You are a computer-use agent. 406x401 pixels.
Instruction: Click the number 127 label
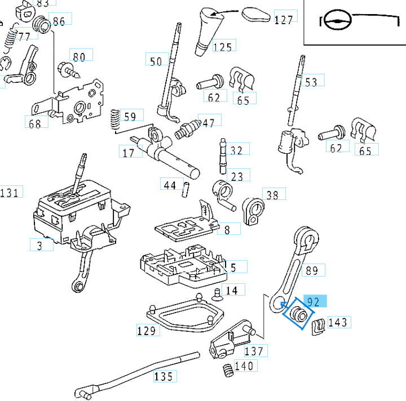(284, 19)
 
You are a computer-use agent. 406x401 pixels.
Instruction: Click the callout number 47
(209, 122)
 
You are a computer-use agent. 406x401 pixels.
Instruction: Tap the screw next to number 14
(216, 293)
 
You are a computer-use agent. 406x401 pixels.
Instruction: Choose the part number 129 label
(147, 330)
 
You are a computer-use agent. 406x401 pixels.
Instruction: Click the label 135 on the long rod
(165, 375)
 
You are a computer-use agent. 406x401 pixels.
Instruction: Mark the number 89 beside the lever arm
(312, 271)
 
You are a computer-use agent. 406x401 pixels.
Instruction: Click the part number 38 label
(272, 195)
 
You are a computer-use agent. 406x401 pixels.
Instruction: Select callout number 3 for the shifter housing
(40, 245)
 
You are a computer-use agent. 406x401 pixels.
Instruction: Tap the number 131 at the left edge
(10, 193)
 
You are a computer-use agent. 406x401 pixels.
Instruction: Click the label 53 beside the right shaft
(311, 82)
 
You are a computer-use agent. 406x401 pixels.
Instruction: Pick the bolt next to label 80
(68, 70)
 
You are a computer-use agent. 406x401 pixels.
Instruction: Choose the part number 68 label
(35, 123)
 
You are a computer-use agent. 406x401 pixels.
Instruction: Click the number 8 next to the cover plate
(227, 229)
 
